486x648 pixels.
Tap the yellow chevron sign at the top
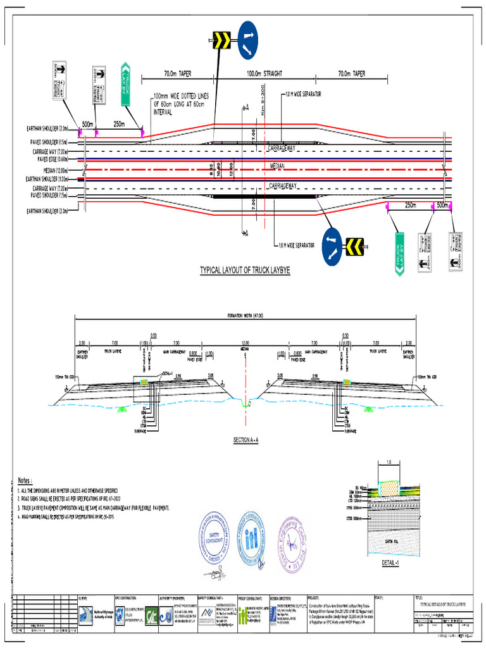221,41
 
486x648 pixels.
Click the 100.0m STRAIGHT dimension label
265,74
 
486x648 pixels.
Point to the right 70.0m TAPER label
351,74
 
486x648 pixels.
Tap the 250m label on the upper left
120,124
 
